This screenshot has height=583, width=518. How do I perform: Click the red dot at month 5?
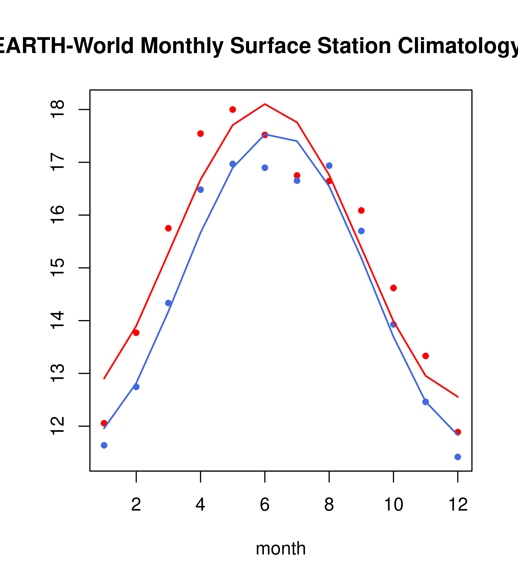233,110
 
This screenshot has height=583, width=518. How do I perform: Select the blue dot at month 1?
104,445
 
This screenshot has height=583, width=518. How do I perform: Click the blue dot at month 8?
329,166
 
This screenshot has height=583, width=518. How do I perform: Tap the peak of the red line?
265,104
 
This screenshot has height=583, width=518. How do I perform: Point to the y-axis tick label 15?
58,268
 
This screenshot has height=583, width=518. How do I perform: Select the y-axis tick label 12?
58,426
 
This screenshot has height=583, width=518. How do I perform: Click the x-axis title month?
281,548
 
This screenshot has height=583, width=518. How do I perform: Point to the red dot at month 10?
393,288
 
